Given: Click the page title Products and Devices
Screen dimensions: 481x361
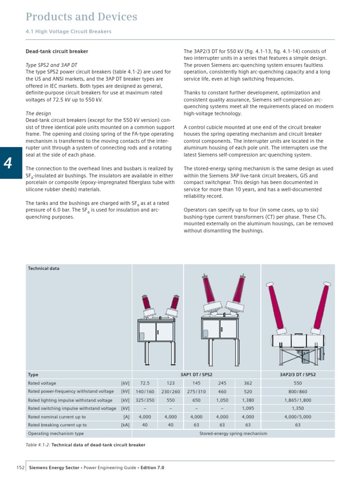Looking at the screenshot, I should [81, 17].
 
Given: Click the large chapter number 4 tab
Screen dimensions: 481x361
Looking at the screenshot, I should [8, 163].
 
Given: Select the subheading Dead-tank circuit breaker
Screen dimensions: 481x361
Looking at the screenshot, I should [56, 51].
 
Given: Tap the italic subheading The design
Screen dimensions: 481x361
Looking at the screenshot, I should [38, 113].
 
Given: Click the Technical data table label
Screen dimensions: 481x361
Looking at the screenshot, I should [44, 268].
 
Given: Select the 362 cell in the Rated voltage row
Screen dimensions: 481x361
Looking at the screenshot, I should [247, 383].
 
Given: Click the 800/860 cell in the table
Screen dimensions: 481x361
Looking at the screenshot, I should [298, 392].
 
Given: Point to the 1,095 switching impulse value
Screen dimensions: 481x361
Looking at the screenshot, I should [247, 408].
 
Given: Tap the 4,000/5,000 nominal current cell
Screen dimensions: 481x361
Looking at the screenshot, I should [298, 417].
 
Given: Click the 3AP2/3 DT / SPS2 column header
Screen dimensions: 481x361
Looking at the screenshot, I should [298, 375].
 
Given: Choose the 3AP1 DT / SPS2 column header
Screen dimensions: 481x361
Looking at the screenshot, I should [196, 375].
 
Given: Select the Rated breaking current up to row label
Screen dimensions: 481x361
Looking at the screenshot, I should [57, 425].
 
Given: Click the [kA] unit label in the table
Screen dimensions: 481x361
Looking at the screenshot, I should [125, 425].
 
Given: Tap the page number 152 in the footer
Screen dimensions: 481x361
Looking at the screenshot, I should [20, 468].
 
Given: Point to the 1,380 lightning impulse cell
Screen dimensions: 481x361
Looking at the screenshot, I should [247, 400].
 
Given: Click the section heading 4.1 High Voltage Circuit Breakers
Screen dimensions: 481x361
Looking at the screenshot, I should [68, 32].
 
